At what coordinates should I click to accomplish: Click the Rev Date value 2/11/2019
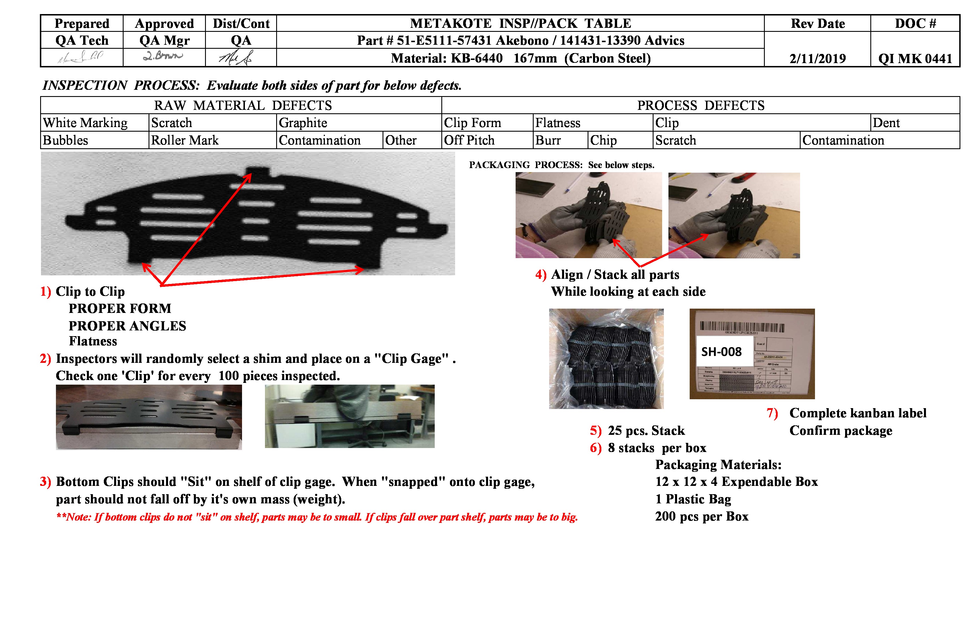pyautogui.click(x=817, y=58)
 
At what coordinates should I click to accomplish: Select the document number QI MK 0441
pyautogui.click(x=915, y=58)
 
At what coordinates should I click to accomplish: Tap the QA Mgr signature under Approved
pyautogui.click(x=163, y=56)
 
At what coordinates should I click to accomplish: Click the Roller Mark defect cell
pyautogui.click(x=185, y=140)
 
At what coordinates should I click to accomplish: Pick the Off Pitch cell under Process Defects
pyautogui.click(x=469, y=140)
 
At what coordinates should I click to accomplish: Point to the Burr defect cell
pyautogui.click(x=548, y=140)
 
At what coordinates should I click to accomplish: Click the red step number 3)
pyautogui.click(x=45, y=482)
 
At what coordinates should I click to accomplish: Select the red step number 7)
pyautogui.click(x=772, y=413)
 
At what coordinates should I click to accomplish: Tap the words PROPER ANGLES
pyautogui.click(x=127, y=326)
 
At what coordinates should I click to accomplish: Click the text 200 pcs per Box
pyautogui.click(x=701, y=516)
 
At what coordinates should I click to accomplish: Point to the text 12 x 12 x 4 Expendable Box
pyautogui.click(x=736, y=482)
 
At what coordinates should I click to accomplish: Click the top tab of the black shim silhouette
pyautogui.click(x=258, y=171)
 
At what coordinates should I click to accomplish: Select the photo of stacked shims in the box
pyautogui.click(x=606, y=359)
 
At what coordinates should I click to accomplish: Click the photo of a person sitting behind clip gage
pyautogui.click(x=350, y=416)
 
